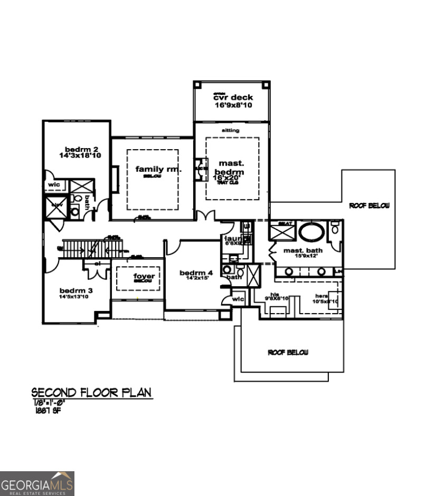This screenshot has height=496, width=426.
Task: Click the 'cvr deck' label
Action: click(233, 98)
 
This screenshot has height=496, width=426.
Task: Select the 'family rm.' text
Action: click(158, 169)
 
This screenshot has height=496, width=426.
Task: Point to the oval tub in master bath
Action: click(312, 231)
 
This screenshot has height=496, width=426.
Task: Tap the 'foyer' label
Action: click(143, 275)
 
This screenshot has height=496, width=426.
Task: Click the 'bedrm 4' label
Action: click(196, 273)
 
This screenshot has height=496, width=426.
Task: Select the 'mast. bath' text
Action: click(302, 250)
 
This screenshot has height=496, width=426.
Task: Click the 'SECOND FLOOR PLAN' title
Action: click(91, 393)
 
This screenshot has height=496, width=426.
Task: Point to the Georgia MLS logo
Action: click(37, 483)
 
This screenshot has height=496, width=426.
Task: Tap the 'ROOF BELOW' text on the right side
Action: click(368, 206)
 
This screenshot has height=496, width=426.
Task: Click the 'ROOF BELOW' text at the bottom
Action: click(288, 352)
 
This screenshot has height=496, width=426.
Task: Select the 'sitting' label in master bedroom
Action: click(230, 130)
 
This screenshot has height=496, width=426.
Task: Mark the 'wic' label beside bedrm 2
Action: click(53, 186)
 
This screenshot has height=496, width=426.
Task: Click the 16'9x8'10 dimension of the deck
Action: click(233, 105)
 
